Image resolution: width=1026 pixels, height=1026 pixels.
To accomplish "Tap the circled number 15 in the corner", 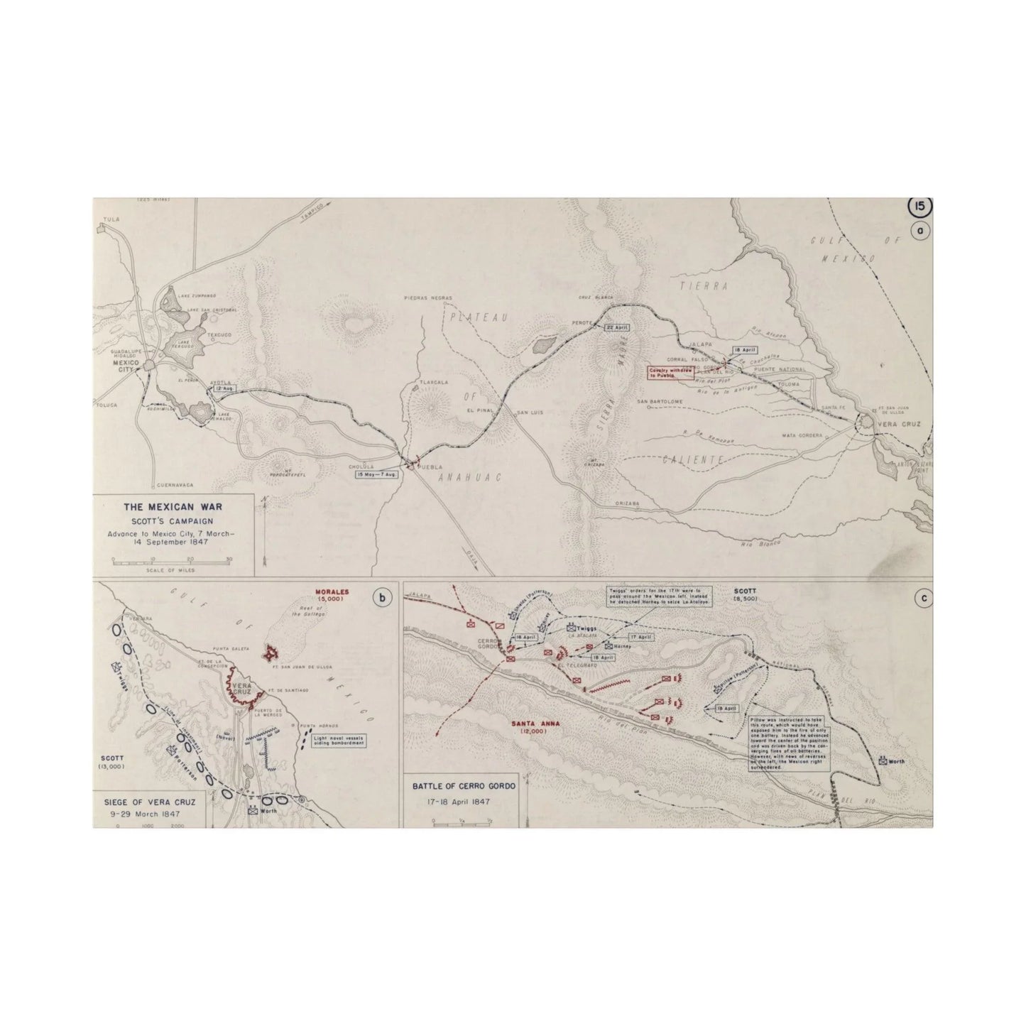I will pyautogui.click(x=920, y=207).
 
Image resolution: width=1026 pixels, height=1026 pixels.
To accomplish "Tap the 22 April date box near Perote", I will pyautogui.click(x=615, y=327).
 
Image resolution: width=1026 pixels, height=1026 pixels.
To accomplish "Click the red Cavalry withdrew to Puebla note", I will pyautogui.click(x=670, y=372).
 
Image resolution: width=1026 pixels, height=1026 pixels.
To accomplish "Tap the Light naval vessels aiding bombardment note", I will pyautogui.click(x=340, y=741).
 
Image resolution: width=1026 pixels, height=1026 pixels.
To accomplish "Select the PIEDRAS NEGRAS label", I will pyautogui.click(x=427, y=298).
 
